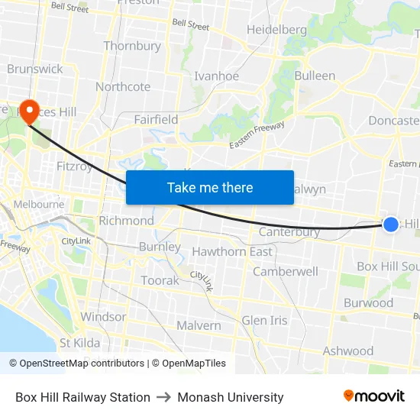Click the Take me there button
[209, 187]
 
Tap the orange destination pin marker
[30, 111]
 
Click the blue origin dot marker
[390, 224]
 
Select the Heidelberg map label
[276, 30]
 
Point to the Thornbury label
[132, 46]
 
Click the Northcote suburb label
[123, 87]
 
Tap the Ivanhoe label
[216, 76]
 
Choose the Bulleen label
[315, 76]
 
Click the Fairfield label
[156, 120]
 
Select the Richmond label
[126, 221]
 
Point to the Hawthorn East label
[232, 252]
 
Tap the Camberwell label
[285, 271]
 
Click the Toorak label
[160, 280]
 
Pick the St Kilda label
[79, 343]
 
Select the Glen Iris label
[264, 320]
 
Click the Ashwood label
[347, 351]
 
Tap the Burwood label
[368, 302]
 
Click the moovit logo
[374, 396]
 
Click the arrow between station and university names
[163, 397]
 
